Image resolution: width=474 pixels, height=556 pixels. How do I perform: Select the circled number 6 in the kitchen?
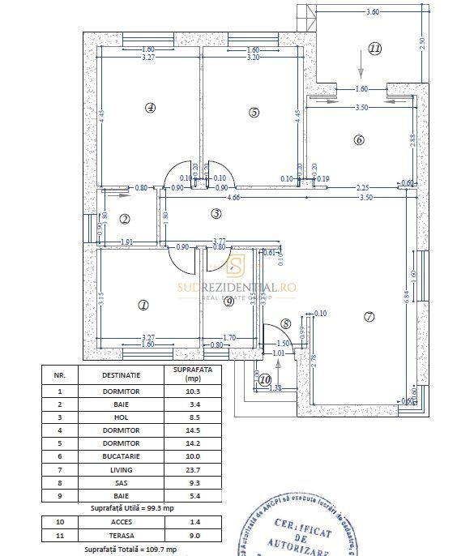click(359, 139)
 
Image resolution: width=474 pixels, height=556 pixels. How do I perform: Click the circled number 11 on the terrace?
click(374, 48)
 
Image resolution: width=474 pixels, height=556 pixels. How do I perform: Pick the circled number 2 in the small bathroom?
click(125, 219)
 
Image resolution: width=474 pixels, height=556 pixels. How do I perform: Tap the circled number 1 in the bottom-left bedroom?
click(143, 306)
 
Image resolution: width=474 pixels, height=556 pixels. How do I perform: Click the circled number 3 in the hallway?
click(216, 214)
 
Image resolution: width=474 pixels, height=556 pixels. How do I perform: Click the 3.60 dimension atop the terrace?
click(372, 12)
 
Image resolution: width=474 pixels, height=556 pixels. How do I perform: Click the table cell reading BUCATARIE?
click(121, 463)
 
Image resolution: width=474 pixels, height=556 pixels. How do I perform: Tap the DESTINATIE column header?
click(121, 375)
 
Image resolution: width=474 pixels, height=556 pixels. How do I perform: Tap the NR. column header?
click(59, 375)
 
